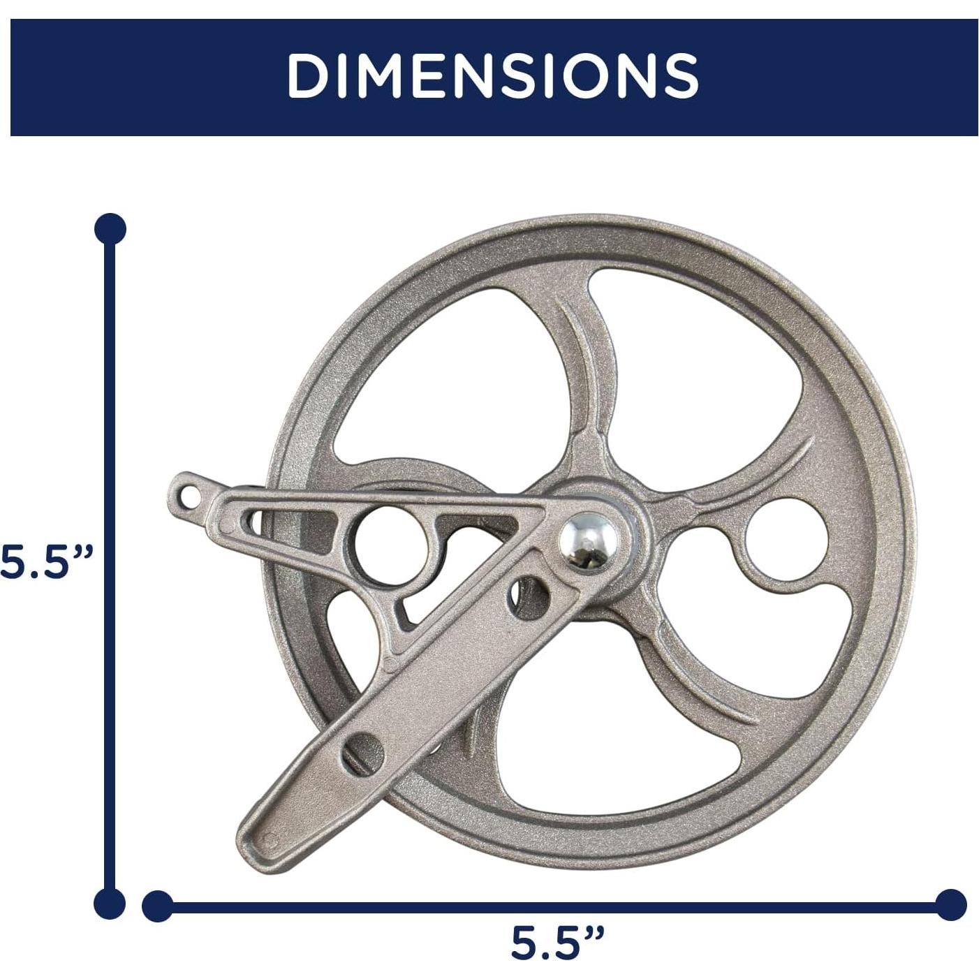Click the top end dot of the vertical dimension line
(x=110, y=229)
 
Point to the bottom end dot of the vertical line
(x=110, y=904)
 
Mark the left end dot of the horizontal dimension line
(x=158, y=906)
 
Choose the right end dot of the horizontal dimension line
(x=950, y=906)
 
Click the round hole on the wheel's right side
(x=786, y=540)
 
